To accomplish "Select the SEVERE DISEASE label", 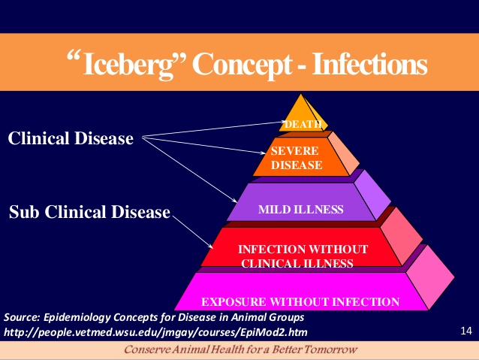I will click(x=297, y=158).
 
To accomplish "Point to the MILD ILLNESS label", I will click(x=301, y=208).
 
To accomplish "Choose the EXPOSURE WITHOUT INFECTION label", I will click(x=300, y=302).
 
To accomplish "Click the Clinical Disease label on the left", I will click(x=71, y=139).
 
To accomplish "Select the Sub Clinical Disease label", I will click(x=89, y=213).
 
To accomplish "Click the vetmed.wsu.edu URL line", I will click(x=155, y=331).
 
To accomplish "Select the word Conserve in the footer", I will click(x=150, y=350).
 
